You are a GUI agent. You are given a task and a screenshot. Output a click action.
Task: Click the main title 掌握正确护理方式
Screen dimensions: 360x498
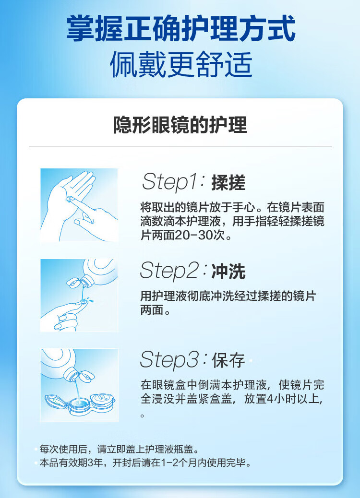[x=181, y=29]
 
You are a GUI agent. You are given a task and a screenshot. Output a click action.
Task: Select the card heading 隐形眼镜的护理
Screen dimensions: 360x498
[x=180, y=125]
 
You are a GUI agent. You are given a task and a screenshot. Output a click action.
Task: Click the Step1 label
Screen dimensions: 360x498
[x=171, y=182]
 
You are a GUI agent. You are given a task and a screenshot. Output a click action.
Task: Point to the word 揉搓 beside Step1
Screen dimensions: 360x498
[x=228, y=183]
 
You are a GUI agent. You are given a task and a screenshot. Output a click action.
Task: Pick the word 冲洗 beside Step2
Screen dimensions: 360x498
[x=228, y=272]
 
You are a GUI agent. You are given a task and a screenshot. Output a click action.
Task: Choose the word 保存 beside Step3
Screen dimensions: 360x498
[x=228, y=360]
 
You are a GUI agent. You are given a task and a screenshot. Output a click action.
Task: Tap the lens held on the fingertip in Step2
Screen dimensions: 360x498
[x=84, y=300]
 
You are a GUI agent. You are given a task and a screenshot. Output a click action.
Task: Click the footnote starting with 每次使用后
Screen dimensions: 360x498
[x=119, y=449]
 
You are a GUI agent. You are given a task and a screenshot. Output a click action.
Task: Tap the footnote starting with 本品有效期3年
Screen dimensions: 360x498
[x=145, y=462]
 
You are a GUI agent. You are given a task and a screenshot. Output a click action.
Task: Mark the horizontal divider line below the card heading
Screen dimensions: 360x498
[x=180, y=146]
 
